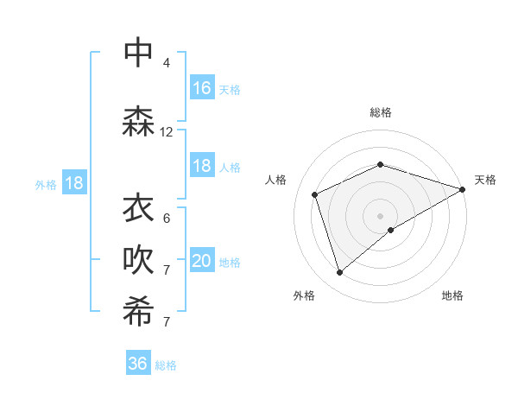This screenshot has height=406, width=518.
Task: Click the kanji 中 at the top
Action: coord(138,52)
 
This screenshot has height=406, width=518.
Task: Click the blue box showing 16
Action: coord(202,88)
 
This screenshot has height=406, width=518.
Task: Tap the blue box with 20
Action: coord(202,262)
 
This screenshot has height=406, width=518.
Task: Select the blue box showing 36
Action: coord(138,364)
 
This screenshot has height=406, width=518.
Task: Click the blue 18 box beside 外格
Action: coord(74,182)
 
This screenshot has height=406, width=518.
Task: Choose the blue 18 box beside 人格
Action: coord(202,166)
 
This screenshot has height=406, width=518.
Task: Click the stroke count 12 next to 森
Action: coord(167,132)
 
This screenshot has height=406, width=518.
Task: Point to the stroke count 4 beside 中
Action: coord(167,63)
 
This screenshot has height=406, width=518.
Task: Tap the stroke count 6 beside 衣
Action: coord(167,219)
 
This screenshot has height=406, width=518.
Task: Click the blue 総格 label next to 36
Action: coord(166,365)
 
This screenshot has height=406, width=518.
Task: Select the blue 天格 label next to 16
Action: coord(230,90)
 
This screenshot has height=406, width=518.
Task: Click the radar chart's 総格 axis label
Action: coord(381,112)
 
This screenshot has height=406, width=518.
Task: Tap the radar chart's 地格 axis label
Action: coord(452,295)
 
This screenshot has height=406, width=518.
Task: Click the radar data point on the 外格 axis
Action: coord(339,273)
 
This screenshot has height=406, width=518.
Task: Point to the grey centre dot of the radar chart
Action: coord(381,215)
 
